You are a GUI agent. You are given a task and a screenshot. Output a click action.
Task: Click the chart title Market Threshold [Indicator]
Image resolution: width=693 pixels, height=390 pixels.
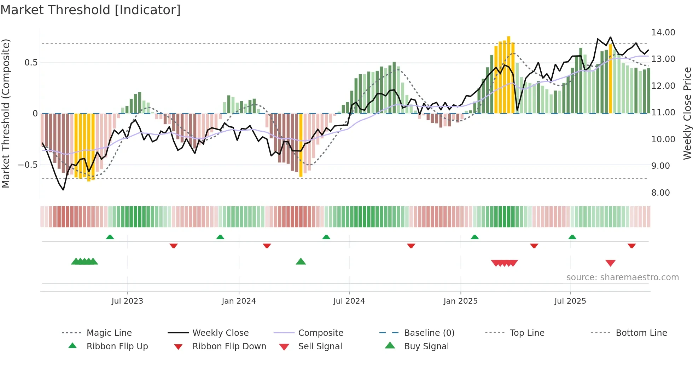(x=91, y=10)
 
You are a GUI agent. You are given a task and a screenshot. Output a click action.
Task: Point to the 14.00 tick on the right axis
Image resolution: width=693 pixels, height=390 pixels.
(x=663, y=33)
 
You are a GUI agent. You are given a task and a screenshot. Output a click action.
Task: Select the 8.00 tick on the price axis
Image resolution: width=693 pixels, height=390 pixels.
(x=660, y=193)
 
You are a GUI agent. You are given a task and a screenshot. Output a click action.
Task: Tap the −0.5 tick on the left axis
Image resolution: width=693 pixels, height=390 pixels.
(x=28, y=165)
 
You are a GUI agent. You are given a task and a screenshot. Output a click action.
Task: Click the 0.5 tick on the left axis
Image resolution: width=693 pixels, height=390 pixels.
(x=31, y=63)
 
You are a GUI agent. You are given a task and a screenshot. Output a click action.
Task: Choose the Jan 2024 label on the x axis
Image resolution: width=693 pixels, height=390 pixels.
(x=239, y=301)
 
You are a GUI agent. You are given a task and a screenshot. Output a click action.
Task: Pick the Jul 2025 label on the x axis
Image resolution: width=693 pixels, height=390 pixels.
(x=570, y=301)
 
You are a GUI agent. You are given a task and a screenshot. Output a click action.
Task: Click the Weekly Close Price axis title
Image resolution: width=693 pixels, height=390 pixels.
(x=687, y=113)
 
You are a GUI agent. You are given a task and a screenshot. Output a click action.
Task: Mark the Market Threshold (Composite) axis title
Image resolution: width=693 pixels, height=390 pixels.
(x=6, y=113)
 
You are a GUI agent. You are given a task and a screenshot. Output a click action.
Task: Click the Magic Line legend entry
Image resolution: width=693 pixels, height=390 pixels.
(x=109, y=333)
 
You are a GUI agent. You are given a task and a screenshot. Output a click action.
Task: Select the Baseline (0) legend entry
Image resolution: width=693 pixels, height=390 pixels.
(x=429, y=333)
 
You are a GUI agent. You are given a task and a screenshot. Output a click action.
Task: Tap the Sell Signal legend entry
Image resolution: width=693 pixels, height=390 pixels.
(x=320, y=346)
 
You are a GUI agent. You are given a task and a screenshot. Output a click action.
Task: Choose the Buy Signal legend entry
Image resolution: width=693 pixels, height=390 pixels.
(x=426, y=346)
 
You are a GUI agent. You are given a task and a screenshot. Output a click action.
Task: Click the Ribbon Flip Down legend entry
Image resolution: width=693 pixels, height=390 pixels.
(x=229, y=346)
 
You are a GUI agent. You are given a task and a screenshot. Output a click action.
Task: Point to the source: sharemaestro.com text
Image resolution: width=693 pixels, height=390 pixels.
(x=622, y=277)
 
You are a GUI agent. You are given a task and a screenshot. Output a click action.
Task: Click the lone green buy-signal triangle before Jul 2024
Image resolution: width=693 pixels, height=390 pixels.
(x=301, y=262)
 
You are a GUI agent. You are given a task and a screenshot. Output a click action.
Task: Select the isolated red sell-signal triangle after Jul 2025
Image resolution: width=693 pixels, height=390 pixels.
(x=610, y=263)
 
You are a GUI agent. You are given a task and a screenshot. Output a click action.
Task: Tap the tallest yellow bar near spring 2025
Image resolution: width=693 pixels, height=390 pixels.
(x=508, y=74)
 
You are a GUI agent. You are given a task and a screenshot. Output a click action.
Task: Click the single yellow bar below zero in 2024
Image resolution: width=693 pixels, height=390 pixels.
(x=301, y=145)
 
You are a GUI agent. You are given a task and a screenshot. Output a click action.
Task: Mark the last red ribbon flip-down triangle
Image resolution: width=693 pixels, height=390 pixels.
(x=631, y=246)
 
